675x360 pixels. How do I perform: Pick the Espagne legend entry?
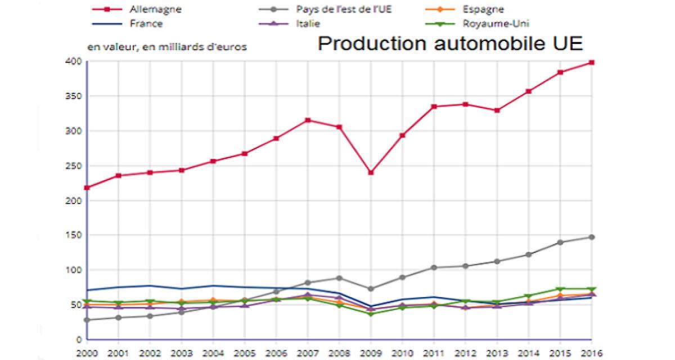tap(481, 10)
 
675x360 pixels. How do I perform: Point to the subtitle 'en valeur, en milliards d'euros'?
tap(166, 47)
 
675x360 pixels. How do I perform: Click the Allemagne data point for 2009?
tap(371, 173)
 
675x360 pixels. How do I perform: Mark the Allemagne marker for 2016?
tap(592, 62)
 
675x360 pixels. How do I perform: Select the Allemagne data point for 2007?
tap(308, 120)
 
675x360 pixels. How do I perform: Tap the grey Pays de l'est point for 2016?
tap(592, 237)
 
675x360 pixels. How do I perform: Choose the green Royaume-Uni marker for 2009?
tap(371, 314)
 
